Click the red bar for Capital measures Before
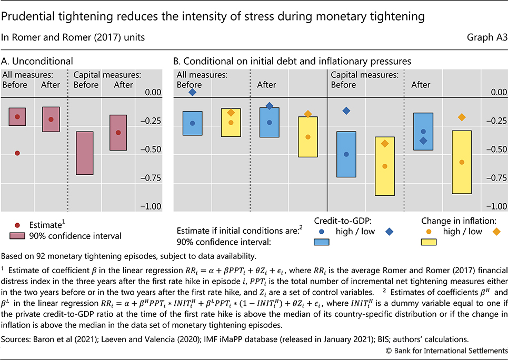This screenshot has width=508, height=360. click(x=85, y=153)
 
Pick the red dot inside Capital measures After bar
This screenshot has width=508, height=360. click(x=118, y=133)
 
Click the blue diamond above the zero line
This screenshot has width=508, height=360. click(x=193, y=92)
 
